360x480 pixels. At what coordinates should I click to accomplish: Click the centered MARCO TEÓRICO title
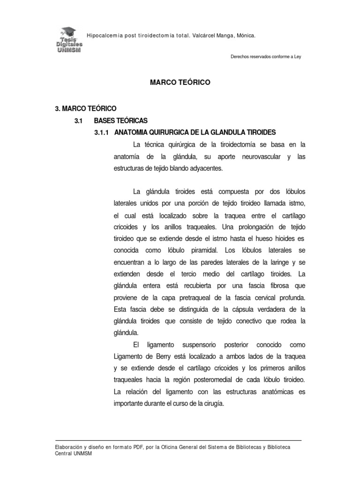pos(180,82)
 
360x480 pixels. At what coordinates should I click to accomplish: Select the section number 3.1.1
pos(102,133)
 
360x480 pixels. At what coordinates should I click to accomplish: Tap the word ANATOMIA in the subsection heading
pos(134,133)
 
